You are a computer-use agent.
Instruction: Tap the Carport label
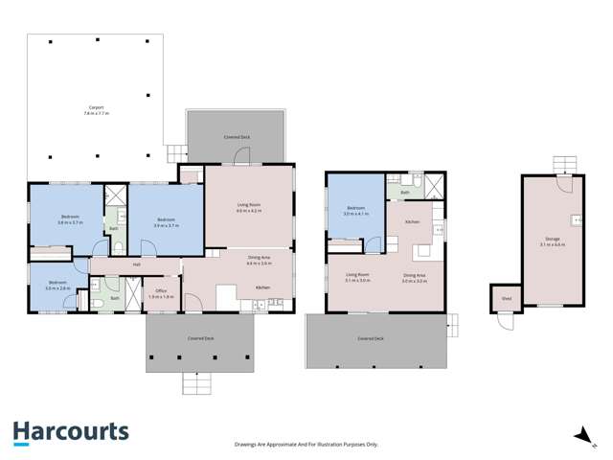(x=96, y=111)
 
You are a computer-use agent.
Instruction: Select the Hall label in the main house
(x=137, y=264)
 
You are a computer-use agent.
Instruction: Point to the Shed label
(x=505, y=298)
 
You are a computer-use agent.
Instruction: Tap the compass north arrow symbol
(x=579, y=437)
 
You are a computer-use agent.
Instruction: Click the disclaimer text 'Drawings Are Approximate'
(x=306, y=444)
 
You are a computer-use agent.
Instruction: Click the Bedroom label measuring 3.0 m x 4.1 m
(x=355, y=210)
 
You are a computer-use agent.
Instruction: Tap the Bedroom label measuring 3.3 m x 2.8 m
(x=57, y=285)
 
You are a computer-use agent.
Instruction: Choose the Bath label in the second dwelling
(x=405, y=193)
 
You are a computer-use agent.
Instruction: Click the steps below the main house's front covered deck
(x=198, y=383)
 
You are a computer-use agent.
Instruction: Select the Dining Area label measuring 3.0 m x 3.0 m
(x=414, y=278)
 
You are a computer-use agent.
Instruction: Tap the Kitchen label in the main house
(x=261, y=287)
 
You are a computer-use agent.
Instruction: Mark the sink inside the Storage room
(x=578, y=220)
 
